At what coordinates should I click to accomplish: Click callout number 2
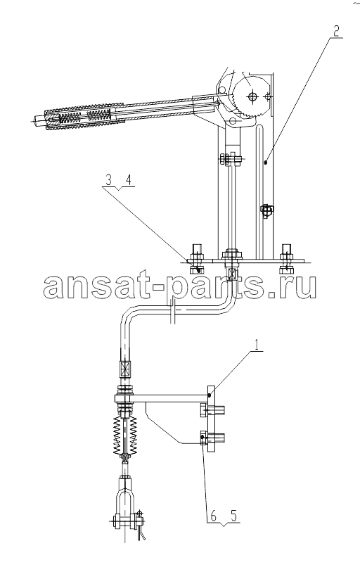click(x=336, y=32)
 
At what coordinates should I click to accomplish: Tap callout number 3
click(x=108, y=180)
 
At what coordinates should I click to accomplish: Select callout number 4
click(x=129, y=180)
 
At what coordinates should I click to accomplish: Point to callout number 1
click(x=257, y=344)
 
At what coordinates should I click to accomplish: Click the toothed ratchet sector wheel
click(x=250, y=96)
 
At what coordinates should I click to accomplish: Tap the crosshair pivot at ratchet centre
click(x=252, y=96)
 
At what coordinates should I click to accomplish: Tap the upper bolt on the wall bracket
click(x=212, y=410)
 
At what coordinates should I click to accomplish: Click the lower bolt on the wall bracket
click(x=212, y=437)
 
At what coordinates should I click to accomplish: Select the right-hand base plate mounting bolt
click(x=287, y=259)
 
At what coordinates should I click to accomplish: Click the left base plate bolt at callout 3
click(x=197, y=259)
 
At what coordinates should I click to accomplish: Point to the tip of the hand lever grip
click(x=33, y=119)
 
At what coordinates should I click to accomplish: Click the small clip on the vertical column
click(x=267, y=211)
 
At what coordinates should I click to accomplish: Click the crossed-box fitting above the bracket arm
click(x=124, y=369)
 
